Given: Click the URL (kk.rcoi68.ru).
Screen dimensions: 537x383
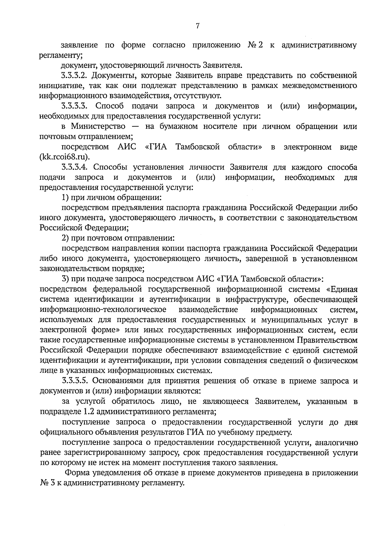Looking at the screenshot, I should tap(65, 157).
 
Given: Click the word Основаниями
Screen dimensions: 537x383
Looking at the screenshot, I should tap(120, 381).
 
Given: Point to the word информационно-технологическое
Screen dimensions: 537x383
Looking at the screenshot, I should tap(103, 310).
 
